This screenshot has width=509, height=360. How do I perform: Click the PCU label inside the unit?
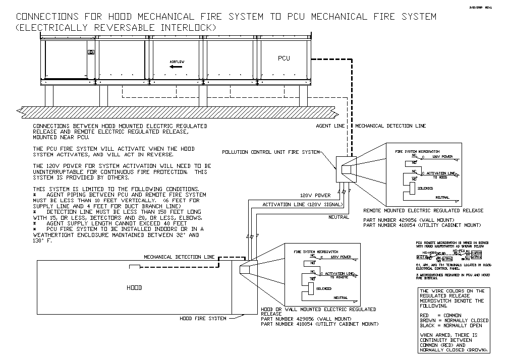click(284, 58)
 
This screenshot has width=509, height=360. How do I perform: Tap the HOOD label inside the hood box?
click(134, 288)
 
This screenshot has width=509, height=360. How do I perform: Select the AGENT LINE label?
click(330, 126)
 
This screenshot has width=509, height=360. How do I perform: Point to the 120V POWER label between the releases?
click(315, 195)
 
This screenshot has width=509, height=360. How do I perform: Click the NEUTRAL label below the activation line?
click(338, 217)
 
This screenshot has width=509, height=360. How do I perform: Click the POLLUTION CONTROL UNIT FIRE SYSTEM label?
click(271, 152)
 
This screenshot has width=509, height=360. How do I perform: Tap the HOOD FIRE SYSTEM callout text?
click(203, 319)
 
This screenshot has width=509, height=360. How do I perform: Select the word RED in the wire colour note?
click(425, 315)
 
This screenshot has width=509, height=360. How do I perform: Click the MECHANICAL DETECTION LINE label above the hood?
click(180, 257)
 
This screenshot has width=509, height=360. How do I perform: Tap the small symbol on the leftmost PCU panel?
click(91, 52)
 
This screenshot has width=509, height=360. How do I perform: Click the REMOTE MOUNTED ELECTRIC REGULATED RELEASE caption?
click(423, 211)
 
